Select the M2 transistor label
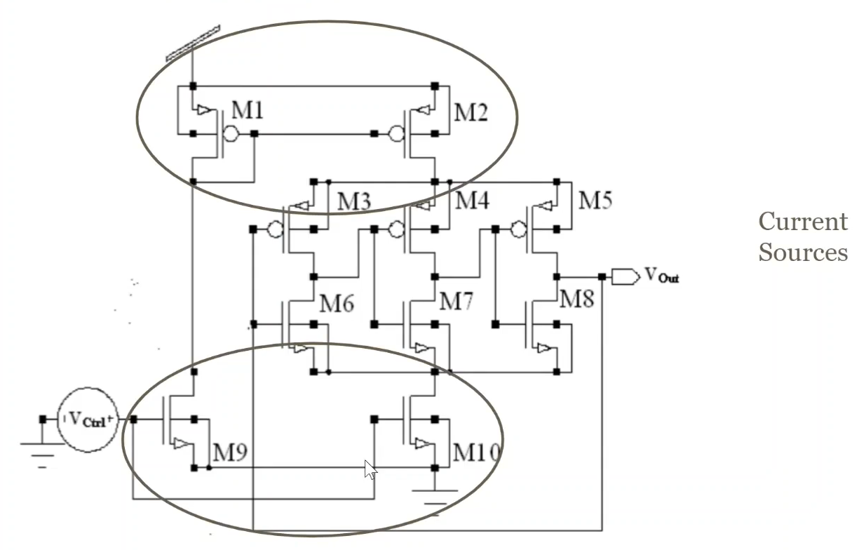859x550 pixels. click(471, 112)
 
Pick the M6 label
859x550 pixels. click(337, 304)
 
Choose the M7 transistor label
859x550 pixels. click(456, 303)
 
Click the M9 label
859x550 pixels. click(230, 453)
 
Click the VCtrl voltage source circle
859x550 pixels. click(87, 420)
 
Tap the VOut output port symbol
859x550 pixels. click(625, 277)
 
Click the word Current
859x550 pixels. click(802, 222)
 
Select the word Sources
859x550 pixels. click(802, 252)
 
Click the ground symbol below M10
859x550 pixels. click(435, 499)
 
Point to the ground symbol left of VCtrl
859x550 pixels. click(42, 452)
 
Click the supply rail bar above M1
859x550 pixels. click(193, 43)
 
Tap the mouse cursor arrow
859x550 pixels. click(370, 469)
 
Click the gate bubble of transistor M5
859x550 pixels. click(518, 229)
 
